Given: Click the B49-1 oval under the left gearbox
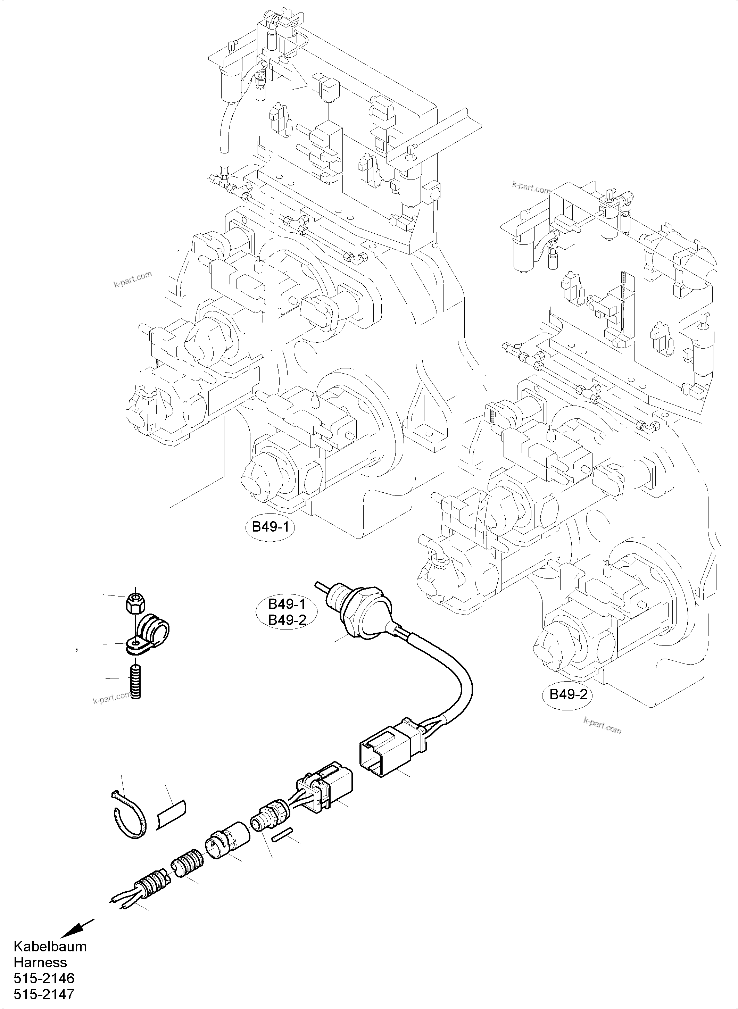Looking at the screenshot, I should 270,527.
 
